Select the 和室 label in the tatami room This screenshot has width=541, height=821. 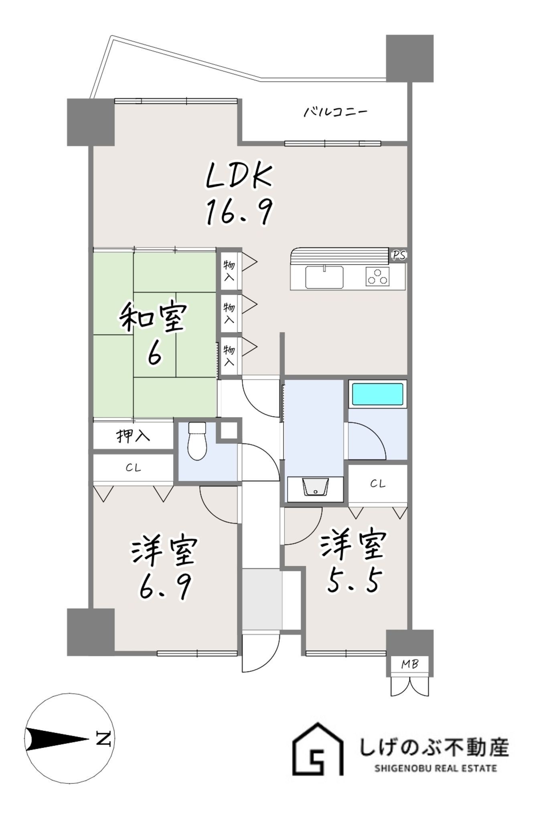click(153, 318)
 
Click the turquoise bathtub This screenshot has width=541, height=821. click(377, 394)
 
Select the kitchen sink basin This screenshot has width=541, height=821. click(324, 277)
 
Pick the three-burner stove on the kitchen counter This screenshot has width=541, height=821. click(377, 277)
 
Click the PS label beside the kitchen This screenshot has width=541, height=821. click(399, 255)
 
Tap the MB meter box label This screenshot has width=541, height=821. click(410, 664)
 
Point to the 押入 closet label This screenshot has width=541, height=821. click(133, 436)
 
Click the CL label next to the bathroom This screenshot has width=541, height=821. click(377, 484)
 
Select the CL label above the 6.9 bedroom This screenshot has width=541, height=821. click(133, 468)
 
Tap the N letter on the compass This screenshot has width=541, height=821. click(104, 738)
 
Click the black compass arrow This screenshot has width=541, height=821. click(57, 739)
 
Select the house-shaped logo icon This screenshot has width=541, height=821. click(318, 749)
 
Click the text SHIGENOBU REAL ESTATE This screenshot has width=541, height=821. click(435, 768)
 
